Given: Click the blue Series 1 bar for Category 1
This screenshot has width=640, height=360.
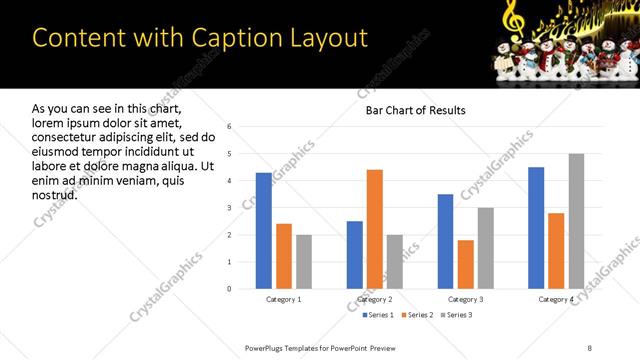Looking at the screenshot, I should pyautogui.click(x=263, y=230).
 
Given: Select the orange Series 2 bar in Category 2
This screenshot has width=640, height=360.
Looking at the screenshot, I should pyautogui.click(x=375, y=229).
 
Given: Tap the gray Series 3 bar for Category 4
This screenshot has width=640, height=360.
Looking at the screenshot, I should pyautogui.click(x=576, y=221).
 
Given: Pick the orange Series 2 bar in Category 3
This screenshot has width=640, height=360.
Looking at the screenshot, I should pyautogui.click(x=465, y=264).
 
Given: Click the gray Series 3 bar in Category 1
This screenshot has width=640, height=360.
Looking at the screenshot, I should pyautogui.click(x=304, y=261).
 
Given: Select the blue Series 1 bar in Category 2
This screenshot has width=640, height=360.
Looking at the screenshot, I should pyautogui.click(x=355, y=255).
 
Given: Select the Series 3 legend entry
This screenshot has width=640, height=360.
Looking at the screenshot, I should pyautogui.click(x=456, y=315).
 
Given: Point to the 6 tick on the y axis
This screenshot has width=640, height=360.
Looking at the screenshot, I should pyautogui.click(x=230, y=127).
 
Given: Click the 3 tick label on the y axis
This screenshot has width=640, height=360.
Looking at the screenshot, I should pyautogui.click(x=230, y=208).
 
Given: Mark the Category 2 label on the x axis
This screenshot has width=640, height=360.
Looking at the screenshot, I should pyautogui.click(x=375, y=299).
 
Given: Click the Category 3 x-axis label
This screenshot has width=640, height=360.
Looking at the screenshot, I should pyautogui.click(x=465, y=299).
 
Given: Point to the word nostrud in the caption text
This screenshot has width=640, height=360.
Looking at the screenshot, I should pyautogui.click(x=54, y=193).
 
